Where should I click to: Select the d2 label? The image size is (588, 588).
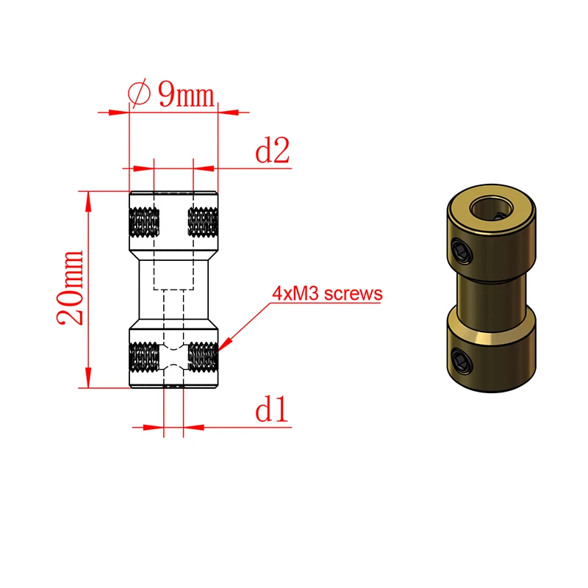tap(271, 151)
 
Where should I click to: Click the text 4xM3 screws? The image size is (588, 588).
tap(327, 294)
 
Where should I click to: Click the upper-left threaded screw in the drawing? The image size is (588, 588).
tap(144, 221)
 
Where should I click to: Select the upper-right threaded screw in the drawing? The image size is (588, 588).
tap(204, 221)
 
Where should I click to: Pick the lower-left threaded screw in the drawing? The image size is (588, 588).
tap(144, 358)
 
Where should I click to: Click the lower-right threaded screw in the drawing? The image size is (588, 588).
tap(204, 358)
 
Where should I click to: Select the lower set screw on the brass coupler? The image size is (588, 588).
tap(460, 360)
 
